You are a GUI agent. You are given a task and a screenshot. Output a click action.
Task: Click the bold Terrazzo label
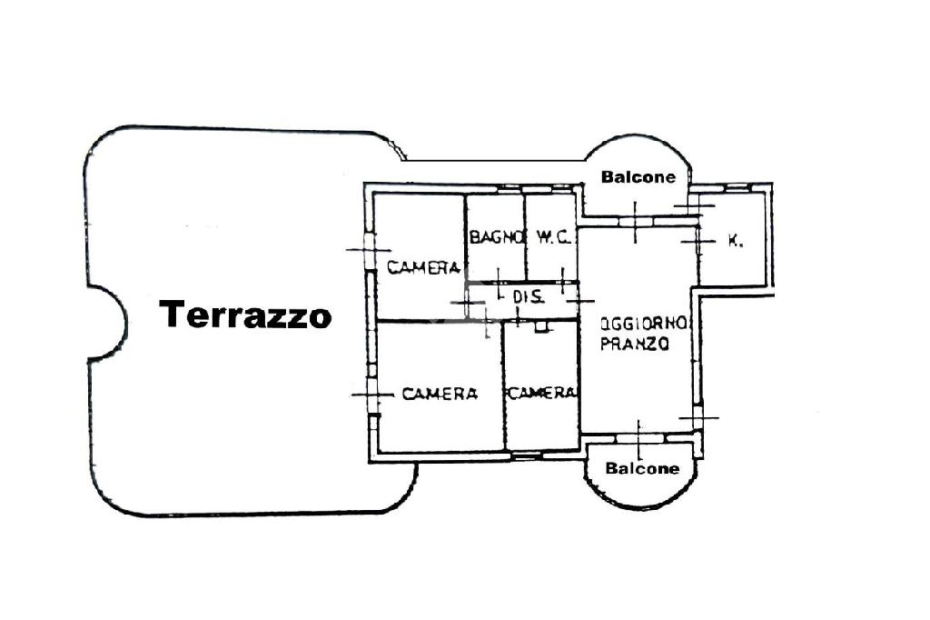pyautogui.click(x=245, y=315)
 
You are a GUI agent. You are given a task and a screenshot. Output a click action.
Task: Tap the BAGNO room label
pyautogui.click(x=496, y=238)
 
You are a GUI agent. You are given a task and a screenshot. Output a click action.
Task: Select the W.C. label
pyautogui.click(x=552, y=238)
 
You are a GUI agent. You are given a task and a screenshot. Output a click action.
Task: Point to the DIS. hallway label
pyautogui.click(x=528, y=296)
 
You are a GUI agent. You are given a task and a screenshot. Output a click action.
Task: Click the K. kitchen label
pyautogui.click(x=737, y=241)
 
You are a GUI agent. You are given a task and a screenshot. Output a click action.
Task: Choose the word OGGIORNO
pyautogui.click(x=646, y=324)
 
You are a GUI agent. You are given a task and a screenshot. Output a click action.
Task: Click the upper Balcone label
pyautogui.click(x=638, y=177)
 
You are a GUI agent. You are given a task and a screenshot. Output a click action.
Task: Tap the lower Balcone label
pyautogui.click(x=642, y=469)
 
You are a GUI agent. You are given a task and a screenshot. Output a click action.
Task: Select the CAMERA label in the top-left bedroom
pyautogui.click(x=422, y=267)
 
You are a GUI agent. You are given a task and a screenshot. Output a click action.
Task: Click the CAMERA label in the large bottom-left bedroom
pyautogui.click(x=440, y=394)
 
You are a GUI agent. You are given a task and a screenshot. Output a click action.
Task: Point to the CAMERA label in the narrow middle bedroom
pyautogui.click(x=542, y=394)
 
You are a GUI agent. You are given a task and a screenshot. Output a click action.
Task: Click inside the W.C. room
pyautogui.click(x=552, y=259)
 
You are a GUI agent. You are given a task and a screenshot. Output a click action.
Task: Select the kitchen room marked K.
pyautogui.click(x=732, y=259)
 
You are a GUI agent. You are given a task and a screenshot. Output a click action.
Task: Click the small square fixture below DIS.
pyautogui.click(x=543, y=326)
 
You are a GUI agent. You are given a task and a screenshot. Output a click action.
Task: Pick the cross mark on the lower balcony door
pyautogui.click(x=638, y=438)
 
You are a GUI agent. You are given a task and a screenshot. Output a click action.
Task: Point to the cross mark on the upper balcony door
pyautogui.click(x=635, y=222)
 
